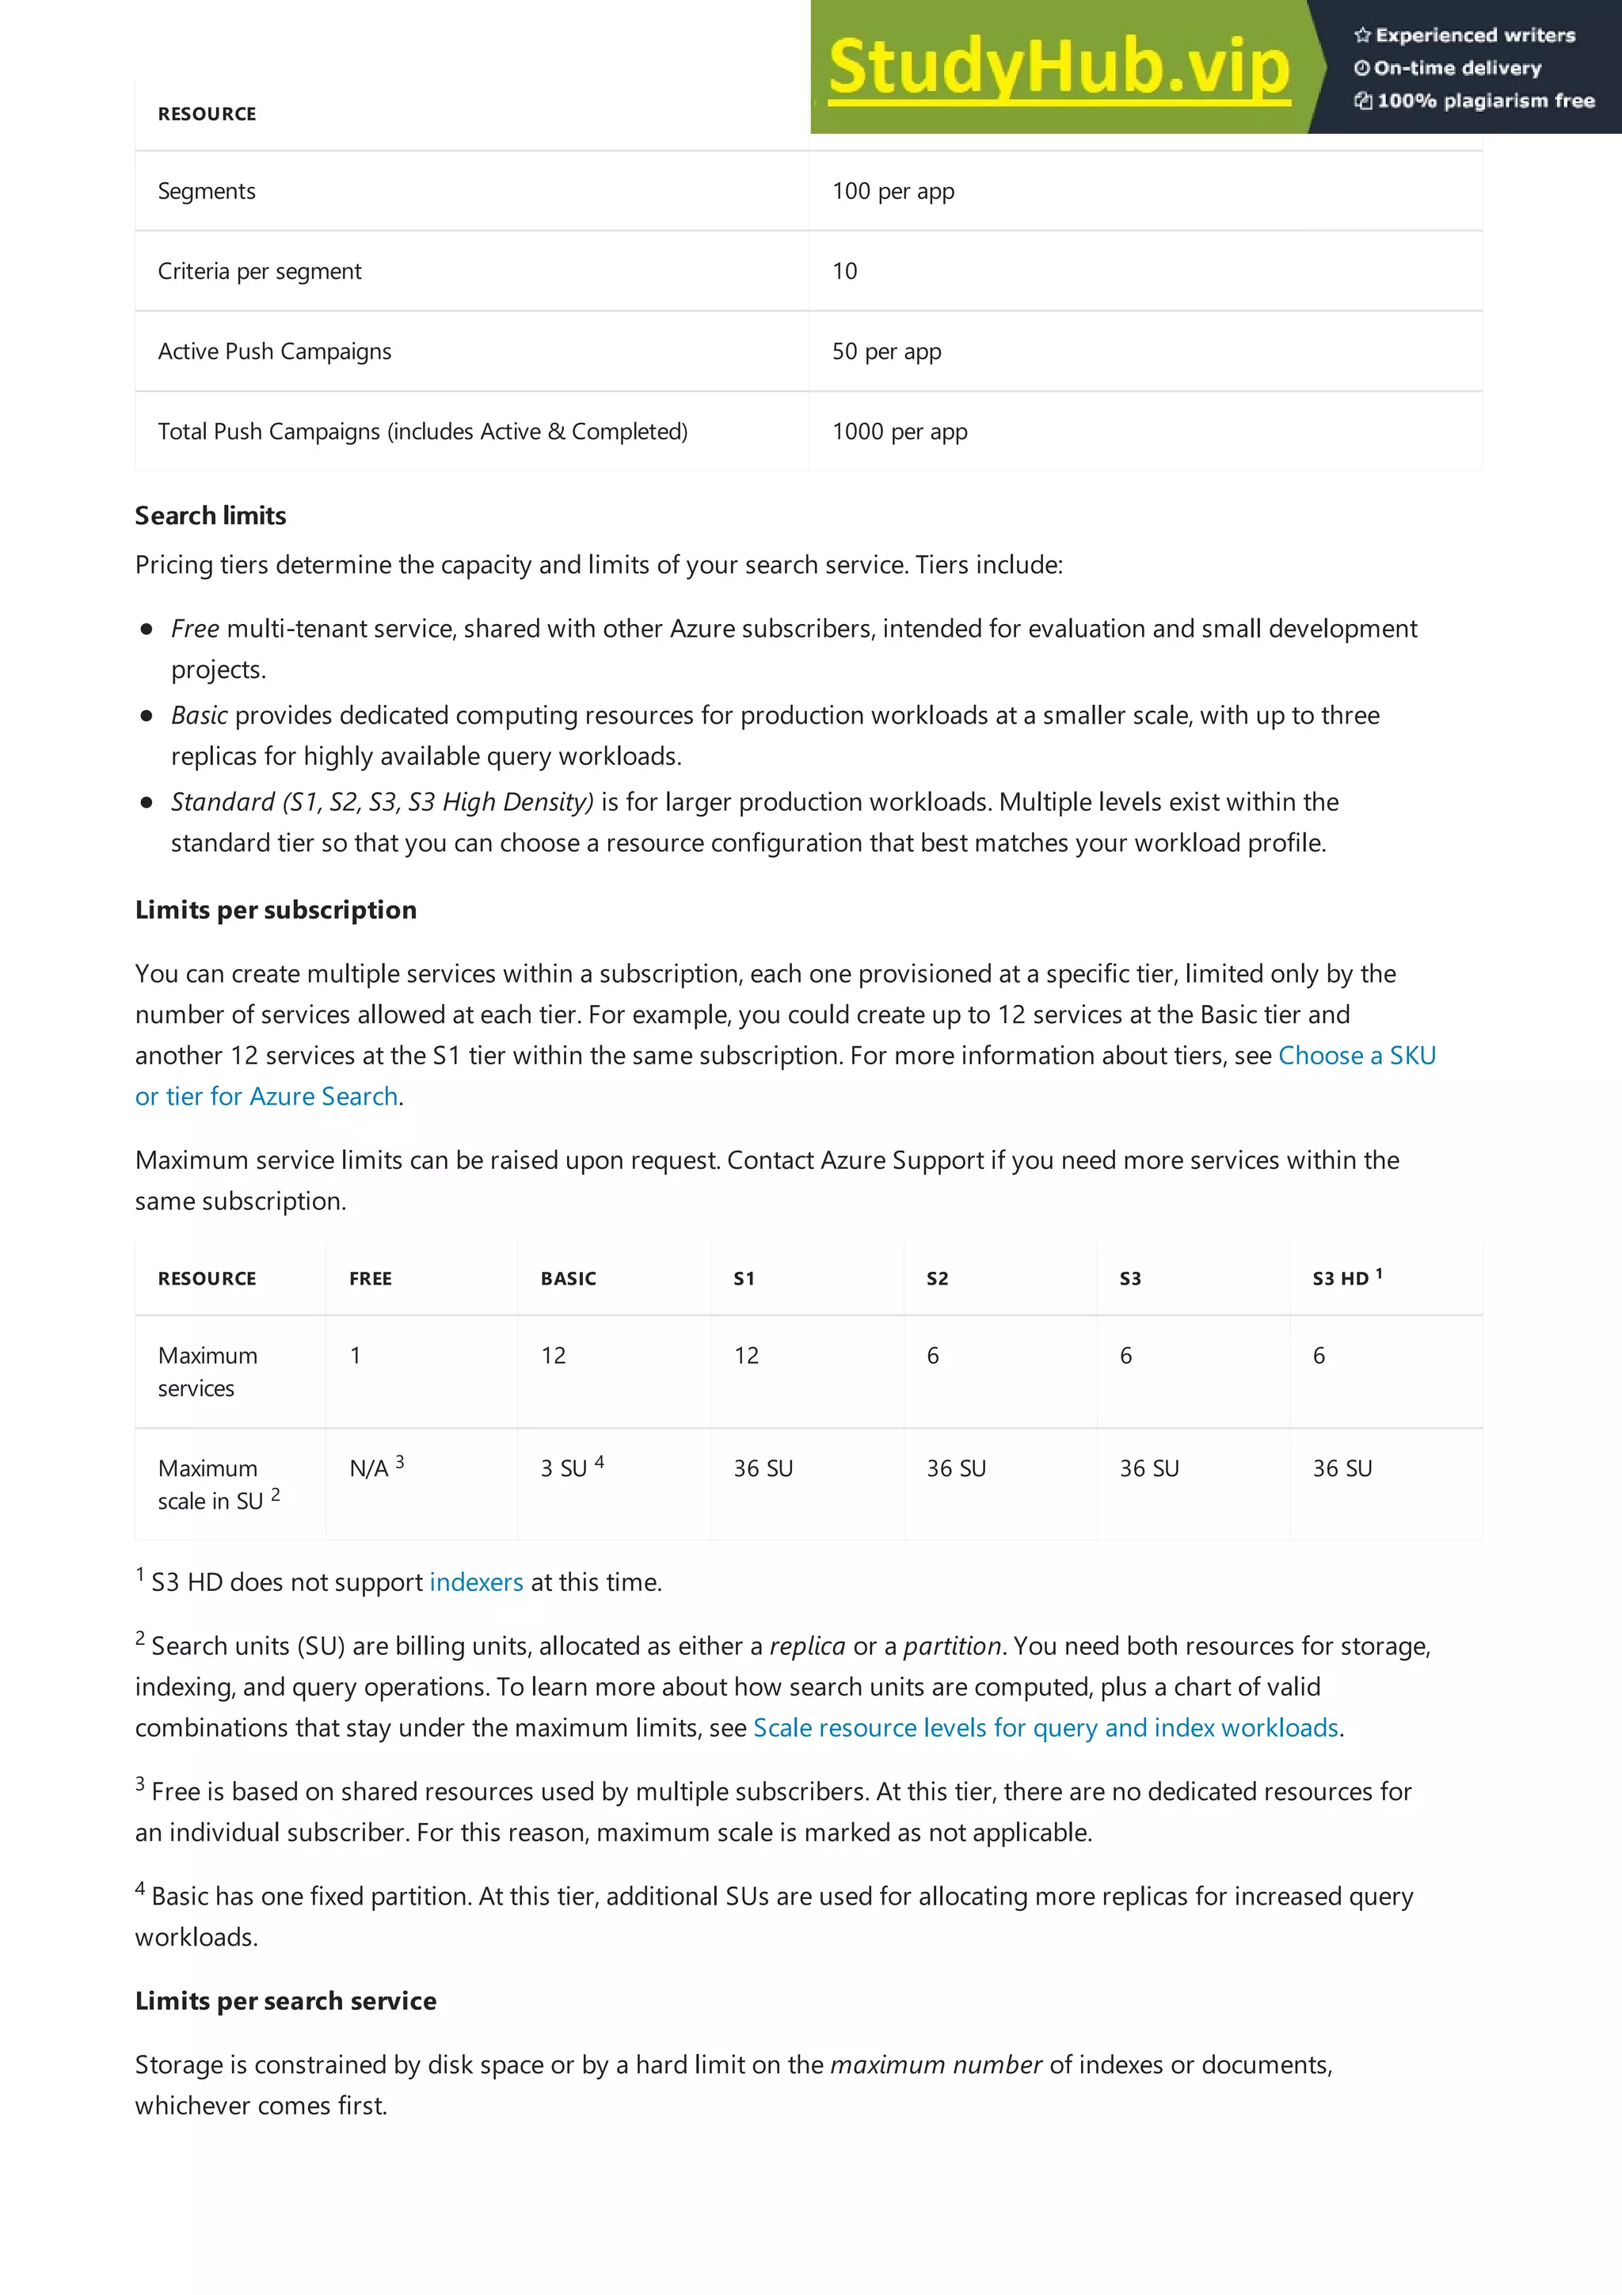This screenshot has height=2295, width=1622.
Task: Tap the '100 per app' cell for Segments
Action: (893, 191)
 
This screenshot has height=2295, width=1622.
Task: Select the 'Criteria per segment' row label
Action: (260, 271)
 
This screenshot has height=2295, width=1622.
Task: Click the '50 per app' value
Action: (886, 351)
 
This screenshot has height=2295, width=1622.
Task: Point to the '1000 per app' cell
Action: (900, 431)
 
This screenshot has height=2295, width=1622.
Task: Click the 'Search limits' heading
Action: (211, 516)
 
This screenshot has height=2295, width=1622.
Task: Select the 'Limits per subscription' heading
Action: (276, 910)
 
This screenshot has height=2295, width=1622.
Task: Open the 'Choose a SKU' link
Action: (1356, 1056)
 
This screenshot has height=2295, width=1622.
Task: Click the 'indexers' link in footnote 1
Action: (476, 1582)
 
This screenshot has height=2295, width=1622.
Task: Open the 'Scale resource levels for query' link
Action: (1045, 1727)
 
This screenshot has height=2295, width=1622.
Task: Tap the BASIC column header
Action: (568, 1278)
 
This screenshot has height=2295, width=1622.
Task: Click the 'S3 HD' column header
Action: (1340, 1278)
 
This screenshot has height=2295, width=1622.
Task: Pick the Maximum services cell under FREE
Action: (355, 1356)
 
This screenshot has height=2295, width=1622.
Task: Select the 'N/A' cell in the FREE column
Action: (369, 1468)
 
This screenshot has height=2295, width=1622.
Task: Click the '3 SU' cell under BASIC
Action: (564, 1468)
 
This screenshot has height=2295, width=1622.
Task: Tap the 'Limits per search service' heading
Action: (286, 2000)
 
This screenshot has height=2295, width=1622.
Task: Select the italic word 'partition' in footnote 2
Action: (951, 1646)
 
